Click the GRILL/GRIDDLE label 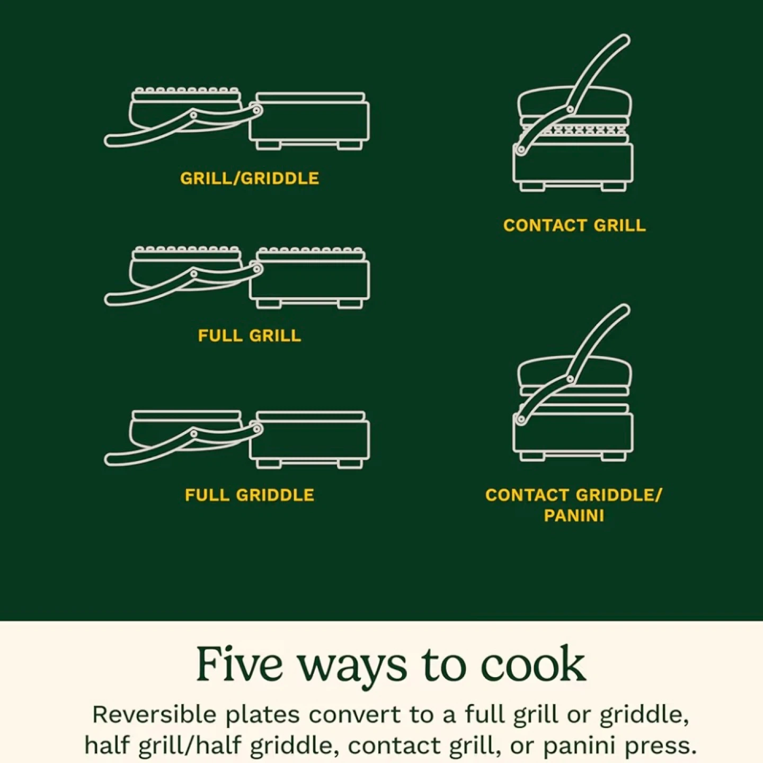pos(250,179)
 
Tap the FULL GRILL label pos(250,336)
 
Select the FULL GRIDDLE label pos(250,495)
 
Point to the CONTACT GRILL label pos(574,226)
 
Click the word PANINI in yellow pos(574,516)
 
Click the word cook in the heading pos(533,665)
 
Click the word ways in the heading pos(352,669)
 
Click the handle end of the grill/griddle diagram pos(111,140)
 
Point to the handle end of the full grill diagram pos(111,299)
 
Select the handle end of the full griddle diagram pos(111,459)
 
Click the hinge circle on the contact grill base pos(521,149)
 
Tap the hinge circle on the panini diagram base pos(521,419)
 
